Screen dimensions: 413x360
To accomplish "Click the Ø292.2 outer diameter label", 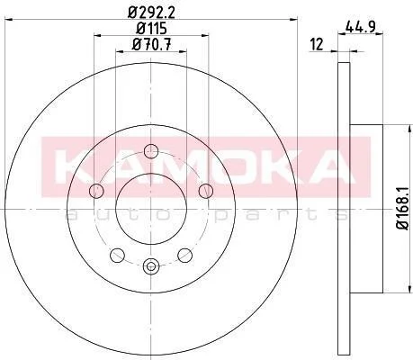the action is tap(151, 13).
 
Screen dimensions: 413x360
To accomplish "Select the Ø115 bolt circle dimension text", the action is tap(151, 29).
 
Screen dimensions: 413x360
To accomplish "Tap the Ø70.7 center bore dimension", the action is tap(151, 45).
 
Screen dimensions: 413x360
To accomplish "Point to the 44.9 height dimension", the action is tap(360, 28).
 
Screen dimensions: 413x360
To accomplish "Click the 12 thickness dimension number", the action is tap(317, 44).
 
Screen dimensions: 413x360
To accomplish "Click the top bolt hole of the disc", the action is tap(151, 151).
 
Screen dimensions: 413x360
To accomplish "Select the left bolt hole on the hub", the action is tap(96, 191).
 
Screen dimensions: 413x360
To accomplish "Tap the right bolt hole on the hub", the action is tap(206, 191).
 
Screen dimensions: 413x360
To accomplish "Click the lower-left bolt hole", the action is tap(117, 256).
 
